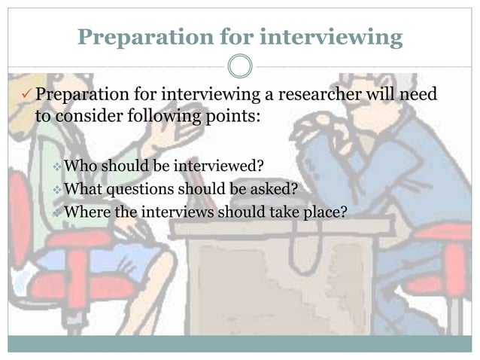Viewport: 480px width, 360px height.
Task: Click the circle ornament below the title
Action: [x=240, y=66]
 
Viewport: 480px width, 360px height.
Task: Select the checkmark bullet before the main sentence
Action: [x=26, y=96]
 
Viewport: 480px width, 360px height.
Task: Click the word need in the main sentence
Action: [x=418, y=96]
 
